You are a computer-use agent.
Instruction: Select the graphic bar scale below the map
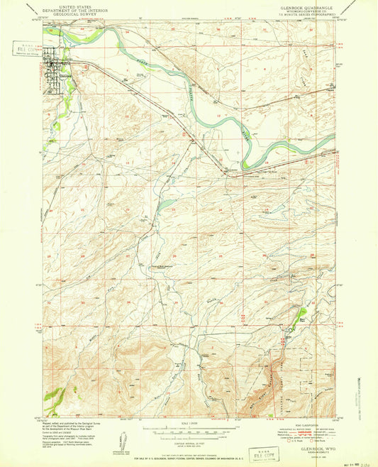point(189,430)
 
